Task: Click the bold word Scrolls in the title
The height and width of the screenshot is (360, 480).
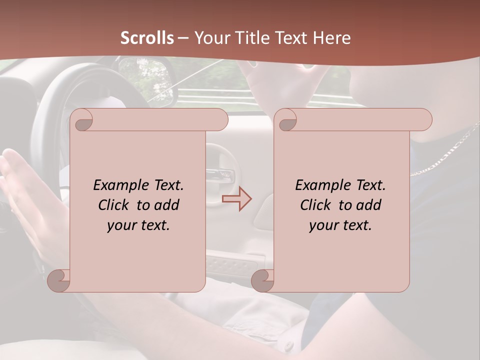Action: pyautogui.click(x=147, y=38)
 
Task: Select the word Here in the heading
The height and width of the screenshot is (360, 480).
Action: pyautogui.click(x=331, y=38)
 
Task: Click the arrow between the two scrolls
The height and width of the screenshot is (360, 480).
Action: pyautogui.click(x=237, y=199)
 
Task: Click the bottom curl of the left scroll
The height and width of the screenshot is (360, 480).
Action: pyautogui.click(x=59, y=280)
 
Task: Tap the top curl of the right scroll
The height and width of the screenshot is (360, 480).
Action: pyautogui.click(x=285, y=120)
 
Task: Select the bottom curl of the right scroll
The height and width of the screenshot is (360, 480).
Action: pyautogui.click(x=262, y=280)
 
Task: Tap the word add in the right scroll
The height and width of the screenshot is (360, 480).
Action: pyautogui.click(x=368, y=205)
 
